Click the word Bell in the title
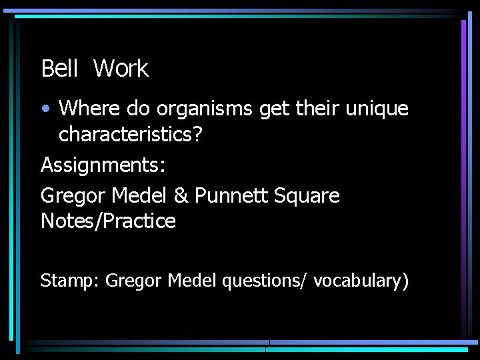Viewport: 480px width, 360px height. point(60,69)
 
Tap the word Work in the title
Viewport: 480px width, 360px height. point(121,69)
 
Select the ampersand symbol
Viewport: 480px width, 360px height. point(182,196)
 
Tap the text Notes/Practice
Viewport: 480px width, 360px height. point(108,221)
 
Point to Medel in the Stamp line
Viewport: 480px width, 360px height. point(192,281)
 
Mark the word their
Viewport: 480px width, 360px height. point(316,108)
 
